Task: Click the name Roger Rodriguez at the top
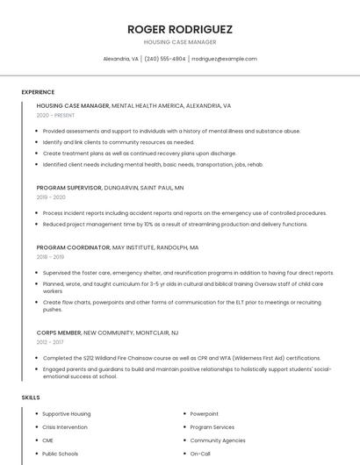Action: [179, 29]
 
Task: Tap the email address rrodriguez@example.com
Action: [224, 59]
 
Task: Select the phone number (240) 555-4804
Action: [165, 59]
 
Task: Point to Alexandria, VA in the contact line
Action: [120, 59]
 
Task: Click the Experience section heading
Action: [38, 92]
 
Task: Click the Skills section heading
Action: [31, 397]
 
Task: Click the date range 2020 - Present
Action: [55, 115]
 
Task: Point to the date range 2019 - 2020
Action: [51, 197]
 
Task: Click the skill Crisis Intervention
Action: [65, 427]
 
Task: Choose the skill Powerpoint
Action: [205, 413]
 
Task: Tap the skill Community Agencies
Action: [218, 440]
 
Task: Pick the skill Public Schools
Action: [60, 454]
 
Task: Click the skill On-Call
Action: [200, 454]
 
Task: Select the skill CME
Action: [48, 440]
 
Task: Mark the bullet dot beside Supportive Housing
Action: [34, 414]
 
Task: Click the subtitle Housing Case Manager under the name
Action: [179, 41]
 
